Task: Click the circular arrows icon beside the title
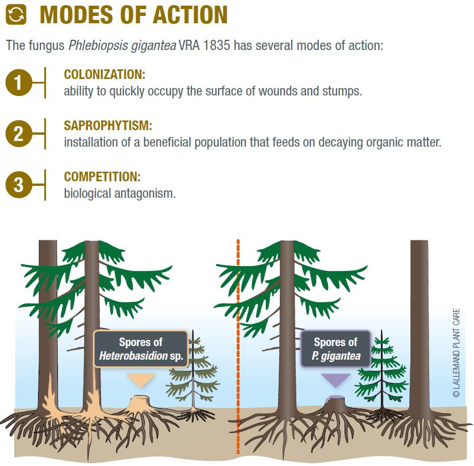point(16,15)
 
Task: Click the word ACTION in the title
point(190,15)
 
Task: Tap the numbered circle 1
point(18,82)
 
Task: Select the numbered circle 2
point(18,134)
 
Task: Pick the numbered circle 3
point(18,185)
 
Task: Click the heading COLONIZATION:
point(104,74)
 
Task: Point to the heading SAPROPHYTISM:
point(108,126)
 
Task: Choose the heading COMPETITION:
point(102,177)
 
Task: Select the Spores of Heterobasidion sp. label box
point(141,349)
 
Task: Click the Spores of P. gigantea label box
point(335,349)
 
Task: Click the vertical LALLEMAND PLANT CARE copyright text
point(456,353)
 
